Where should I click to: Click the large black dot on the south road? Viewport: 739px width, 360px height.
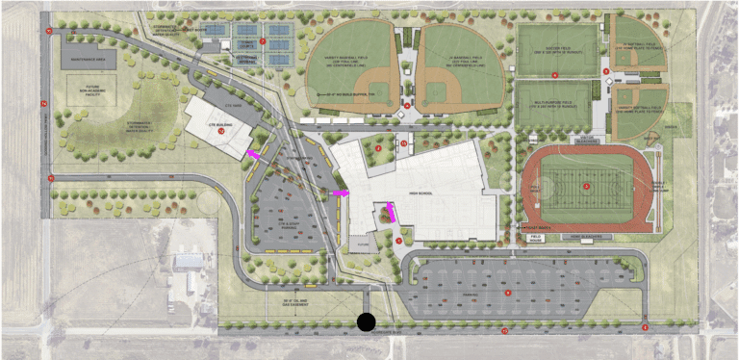(x=366, y=322)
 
